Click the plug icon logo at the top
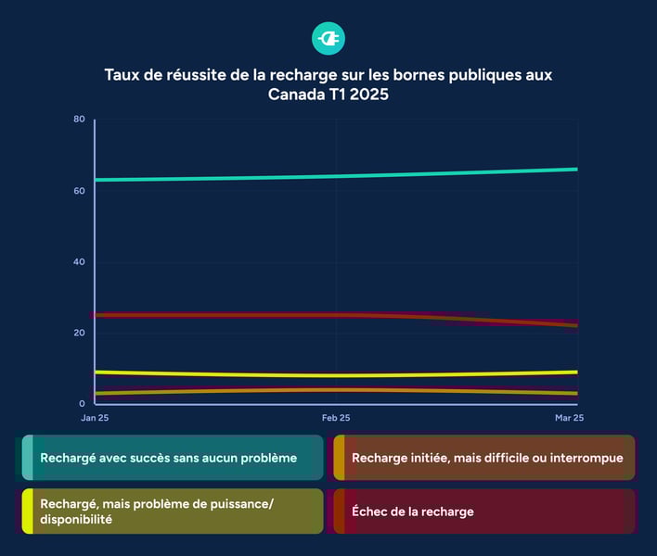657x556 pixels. point(328,38)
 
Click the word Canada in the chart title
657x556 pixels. point(294,95)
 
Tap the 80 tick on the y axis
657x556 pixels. point(80,120)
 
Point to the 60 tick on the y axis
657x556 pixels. point(80,191)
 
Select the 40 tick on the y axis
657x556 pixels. point(80,262)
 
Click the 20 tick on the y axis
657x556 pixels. point(80,333)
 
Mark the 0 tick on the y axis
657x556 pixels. point(82,404)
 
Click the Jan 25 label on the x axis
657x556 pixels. point(96,419)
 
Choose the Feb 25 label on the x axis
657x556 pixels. point(336,419)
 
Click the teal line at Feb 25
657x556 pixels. point(336,176)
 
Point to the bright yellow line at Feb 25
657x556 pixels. point(336,375)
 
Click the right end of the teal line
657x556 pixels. point(575,170)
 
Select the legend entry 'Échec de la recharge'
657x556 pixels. point(412,512)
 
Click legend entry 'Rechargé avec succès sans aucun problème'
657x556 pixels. point(168,458)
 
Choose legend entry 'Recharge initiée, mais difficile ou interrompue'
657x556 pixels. point(487,458)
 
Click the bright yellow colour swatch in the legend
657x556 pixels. point(28,512)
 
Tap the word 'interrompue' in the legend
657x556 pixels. point(588,458)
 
